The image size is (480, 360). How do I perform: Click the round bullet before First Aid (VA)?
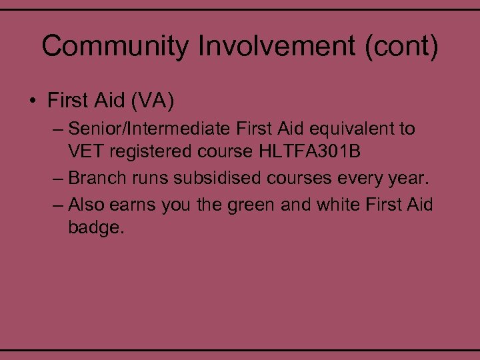pos(31,101)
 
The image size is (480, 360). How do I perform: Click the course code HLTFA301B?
pos(307,152)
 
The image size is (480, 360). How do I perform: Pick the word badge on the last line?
pos(95,227)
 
